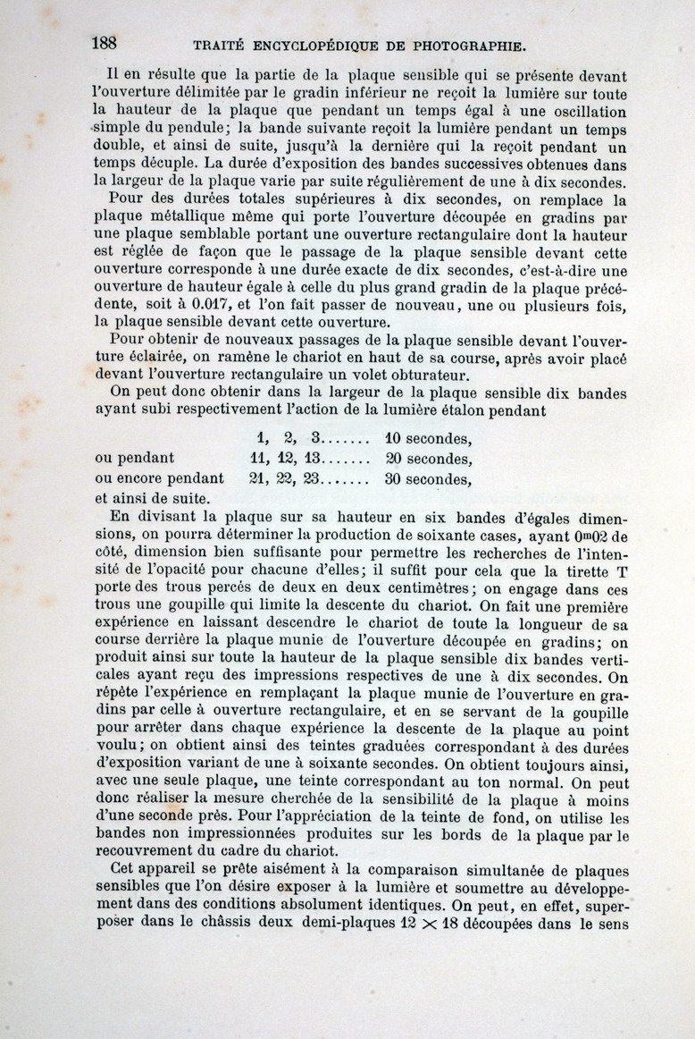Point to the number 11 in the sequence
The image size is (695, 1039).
261,459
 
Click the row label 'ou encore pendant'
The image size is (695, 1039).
159,479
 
